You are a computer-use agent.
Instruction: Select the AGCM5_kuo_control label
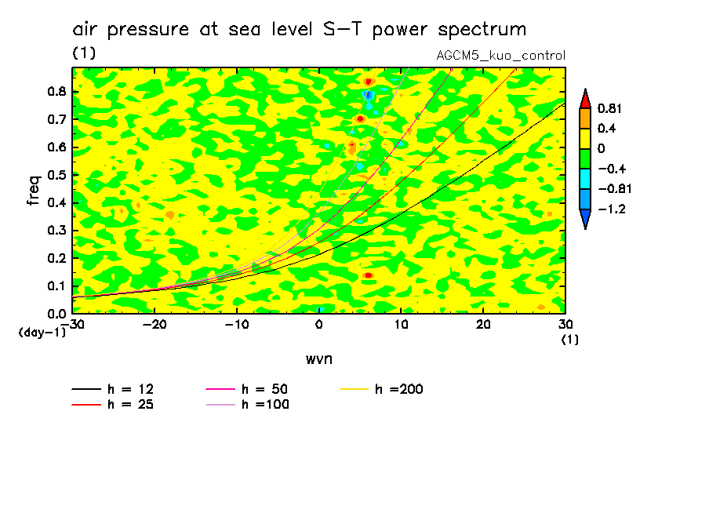click(x=500, y=56)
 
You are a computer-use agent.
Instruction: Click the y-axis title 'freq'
click(x=33, y=191)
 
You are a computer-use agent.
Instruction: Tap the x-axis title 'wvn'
click(x=318, y=358)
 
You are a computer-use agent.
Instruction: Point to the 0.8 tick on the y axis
click(x=56, y=91)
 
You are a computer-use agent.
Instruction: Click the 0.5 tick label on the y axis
click(x=56, y=175)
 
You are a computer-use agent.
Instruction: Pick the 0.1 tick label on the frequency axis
click(x=56, y=286)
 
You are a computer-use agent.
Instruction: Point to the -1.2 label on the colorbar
click(x=609, y=209)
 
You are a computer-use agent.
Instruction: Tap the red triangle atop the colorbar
click(x=585, y=98)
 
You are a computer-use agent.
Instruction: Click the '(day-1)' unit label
click(x=42, y=333)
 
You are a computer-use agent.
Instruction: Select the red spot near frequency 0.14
click(x=368, y=275)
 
